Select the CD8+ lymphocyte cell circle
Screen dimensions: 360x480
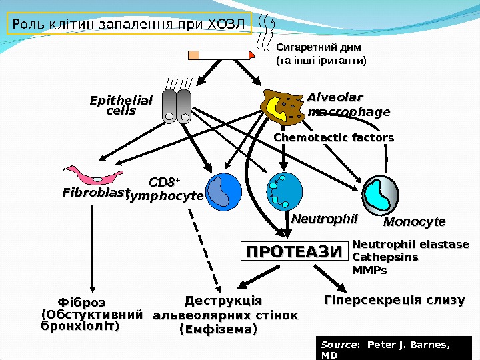pos(223,191)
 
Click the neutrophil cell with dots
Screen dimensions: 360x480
pos(285,191)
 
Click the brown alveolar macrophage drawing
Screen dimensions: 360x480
pos(283,107)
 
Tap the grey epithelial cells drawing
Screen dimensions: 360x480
pos(177,107)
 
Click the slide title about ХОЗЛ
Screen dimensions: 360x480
pos(129,25)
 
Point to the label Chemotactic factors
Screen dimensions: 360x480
pos(334,138)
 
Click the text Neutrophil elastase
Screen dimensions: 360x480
pos(410,244)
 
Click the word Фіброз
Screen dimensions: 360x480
pos(82,303)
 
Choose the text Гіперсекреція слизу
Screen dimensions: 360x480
pos(394,301)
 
